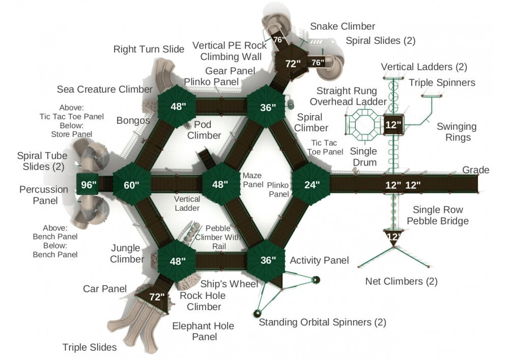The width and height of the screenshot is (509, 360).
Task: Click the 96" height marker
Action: [x=88, y=185]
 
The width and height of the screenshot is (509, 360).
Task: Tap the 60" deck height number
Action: [x=131, y=185]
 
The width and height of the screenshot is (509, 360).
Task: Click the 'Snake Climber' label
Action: [x=343, y=26]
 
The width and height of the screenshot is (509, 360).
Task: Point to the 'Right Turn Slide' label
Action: [x=149, y=49]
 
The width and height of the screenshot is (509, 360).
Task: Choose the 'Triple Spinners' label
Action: [x=442, y=82]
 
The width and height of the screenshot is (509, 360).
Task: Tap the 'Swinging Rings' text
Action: [x=457, y=132]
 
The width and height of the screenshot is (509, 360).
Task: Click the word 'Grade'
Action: [x=475, y=170]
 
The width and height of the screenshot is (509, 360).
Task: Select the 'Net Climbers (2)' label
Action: [x=401, y=281]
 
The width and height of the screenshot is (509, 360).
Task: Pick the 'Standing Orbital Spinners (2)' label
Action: [x=322, y=322]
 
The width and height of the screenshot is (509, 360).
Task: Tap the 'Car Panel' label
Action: [x=104, y=289]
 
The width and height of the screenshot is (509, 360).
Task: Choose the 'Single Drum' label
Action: [x=364, y=157]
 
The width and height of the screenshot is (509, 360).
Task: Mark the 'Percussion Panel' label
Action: [x=44, y=195]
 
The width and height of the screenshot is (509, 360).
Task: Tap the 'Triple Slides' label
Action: [x=90, y=348]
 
